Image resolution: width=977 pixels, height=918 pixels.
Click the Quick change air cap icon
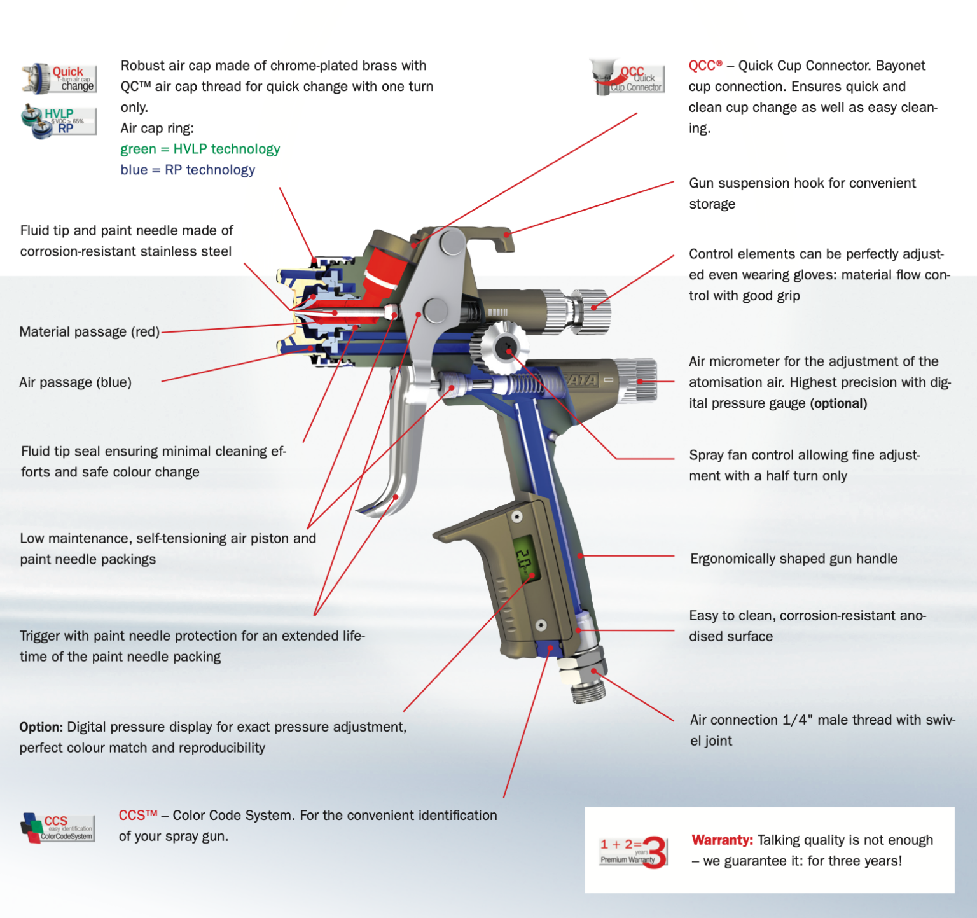[59, 79]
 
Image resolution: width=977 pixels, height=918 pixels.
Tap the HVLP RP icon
[59, 121]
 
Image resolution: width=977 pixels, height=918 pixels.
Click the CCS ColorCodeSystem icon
[58, 828]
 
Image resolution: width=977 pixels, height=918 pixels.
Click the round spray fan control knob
[505, 347]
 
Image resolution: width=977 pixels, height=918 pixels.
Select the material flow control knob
[592, 310]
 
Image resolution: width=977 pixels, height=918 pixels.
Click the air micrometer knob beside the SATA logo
[639, 380]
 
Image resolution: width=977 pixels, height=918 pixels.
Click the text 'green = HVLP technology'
[200, 149]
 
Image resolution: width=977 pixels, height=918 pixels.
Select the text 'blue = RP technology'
[188, 170]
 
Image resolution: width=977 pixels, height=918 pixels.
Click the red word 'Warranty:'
[722, 840]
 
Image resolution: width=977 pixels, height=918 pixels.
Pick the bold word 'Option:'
[41, 727]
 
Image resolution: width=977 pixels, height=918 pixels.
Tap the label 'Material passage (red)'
[90, 331]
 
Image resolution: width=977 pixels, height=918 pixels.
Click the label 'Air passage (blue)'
[75, 382]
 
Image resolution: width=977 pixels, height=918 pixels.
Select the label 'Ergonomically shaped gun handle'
[794, 559]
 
